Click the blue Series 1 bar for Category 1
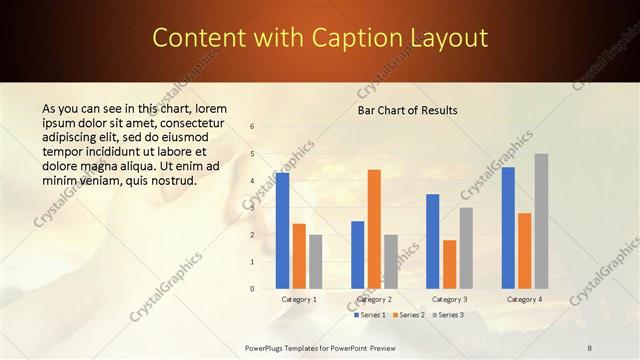tap(282, 230)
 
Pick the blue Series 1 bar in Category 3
tap(433, 241)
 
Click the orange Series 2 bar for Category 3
tap(449, 264)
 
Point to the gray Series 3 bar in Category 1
tap(315, 261)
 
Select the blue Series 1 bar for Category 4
tap(508, 227)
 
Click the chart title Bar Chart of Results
tap(407, 110)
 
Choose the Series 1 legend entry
tap(370, 315)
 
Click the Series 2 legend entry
tap(408, 315)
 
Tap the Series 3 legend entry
tap(447, 315)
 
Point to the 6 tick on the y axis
tap(253, 127)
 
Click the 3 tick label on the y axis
tap(253, 208)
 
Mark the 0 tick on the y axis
tap(253, 288)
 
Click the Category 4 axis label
tap(524, 299)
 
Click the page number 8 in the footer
tap(590, 347)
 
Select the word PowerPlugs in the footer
tap(267, 347)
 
